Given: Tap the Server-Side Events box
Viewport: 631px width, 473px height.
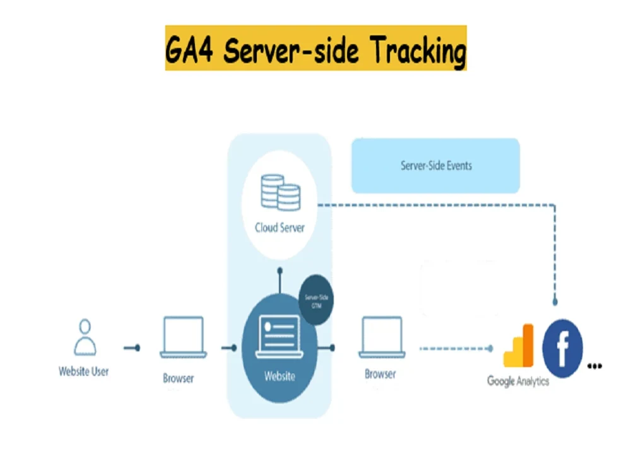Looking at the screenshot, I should [435, 166].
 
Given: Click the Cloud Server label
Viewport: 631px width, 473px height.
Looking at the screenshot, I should [280, 227].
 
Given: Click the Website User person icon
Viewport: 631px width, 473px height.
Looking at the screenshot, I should [85, 337].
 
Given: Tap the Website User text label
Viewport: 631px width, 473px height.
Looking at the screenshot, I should [83, 371].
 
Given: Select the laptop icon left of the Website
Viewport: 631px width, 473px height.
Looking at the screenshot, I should [182, 337].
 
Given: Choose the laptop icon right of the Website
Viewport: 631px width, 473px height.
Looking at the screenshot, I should [382, 337].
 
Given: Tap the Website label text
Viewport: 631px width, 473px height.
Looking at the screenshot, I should [280, 377].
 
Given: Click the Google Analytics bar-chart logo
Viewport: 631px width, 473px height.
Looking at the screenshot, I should [519, 346].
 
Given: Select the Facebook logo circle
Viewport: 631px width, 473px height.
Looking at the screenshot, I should [562, 349].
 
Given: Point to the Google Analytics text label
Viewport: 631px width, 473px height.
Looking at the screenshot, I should [518, 382].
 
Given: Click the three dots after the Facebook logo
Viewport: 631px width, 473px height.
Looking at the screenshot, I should [594, 365].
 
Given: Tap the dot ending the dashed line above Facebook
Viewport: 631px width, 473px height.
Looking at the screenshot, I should [555, 301].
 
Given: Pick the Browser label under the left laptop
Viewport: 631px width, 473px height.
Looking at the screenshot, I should [179, 378].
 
